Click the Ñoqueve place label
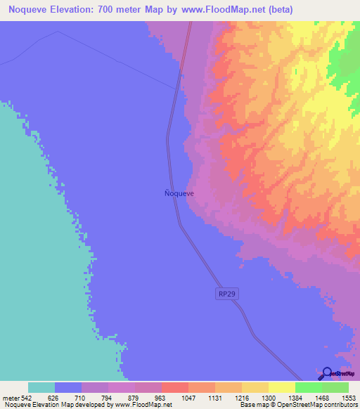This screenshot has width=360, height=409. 174,193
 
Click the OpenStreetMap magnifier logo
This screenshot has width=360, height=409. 327,374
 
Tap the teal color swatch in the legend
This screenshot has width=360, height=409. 41,387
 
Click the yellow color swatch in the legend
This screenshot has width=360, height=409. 281,387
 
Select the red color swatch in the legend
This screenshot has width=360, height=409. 174,387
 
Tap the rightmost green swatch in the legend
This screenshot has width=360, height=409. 335,387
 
